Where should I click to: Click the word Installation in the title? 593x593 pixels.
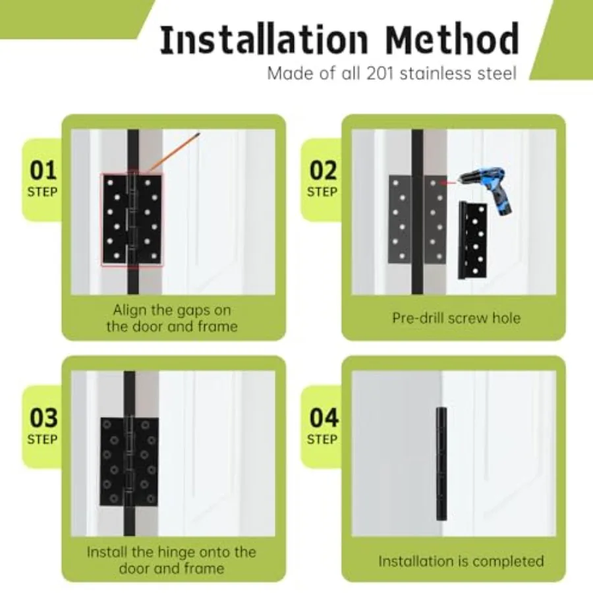[264, 40]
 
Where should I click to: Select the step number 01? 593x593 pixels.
[43, 171]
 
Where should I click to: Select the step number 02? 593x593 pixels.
[323, 171]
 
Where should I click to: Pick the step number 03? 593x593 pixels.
[43, 418]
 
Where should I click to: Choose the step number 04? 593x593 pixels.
[324, 418]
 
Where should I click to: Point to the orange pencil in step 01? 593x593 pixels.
[175, 152]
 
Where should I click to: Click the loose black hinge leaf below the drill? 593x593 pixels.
[472, 240]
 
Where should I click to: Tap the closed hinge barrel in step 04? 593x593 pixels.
[441, 464]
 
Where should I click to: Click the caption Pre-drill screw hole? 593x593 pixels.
[456, 318]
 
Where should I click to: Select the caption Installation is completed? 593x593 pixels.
[461, 561]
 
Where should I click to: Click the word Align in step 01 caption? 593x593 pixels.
[130, 310]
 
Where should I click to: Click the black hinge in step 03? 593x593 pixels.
[129, 462]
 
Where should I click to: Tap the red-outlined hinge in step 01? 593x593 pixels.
[132, 219]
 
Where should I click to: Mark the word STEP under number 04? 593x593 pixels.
[322, 439]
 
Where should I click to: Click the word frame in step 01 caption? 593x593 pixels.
[219, 326]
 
